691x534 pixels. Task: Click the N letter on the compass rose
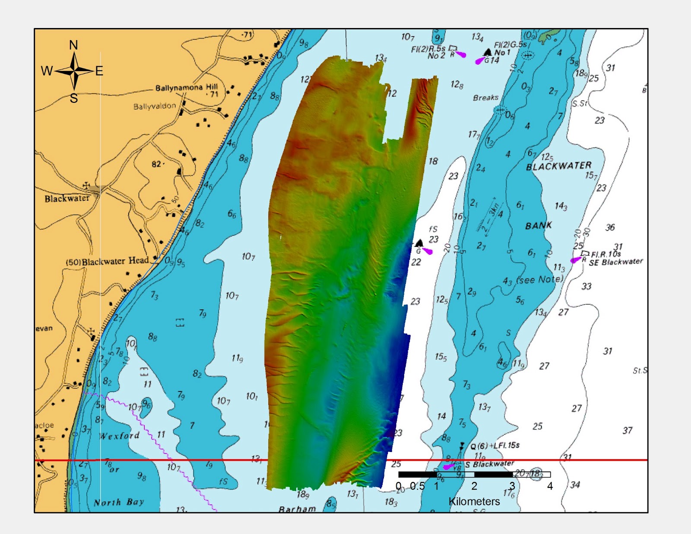point(73,45)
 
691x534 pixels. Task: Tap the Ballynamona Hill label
point(187,88)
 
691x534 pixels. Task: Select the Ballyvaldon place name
point(155,106)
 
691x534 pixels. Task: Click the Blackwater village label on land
point(67,199)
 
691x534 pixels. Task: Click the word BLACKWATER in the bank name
point(558,166)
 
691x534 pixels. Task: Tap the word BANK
point(539,225)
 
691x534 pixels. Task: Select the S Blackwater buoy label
point(489,464)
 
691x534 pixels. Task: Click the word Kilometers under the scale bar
point(474,502)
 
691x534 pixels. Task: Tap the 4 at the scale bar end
point(550,487)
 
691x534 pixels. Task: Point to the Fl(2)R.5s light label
point(428,49)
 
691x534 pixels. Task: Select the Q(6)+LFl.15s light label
point(495,446)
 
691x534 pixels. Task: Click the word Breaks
point(485,98)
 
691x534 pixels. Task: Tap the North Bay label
point(119,502)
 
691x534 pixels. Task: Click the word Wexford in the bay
point(120,436)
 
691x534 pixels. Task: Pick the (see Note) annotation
point(540,280)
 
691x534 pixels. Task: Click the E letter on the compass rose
point(99,71)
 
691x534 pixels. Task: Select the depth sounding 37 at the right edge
point(628,430)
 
